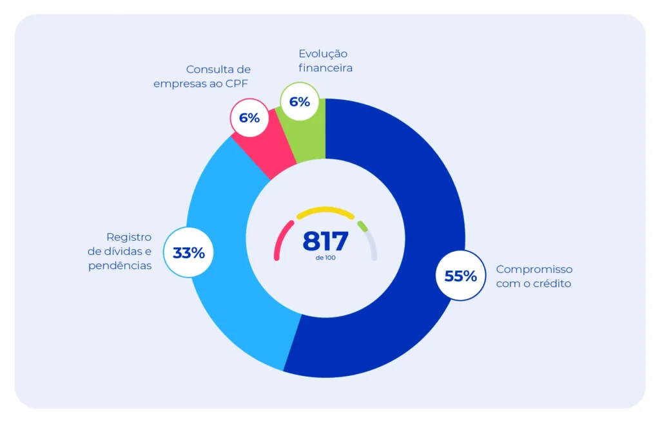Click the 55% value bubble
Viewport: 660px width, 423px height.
461,276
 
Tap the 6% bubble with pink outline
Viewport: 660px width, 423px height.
249,118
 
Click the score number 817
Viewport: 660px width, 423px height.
325,241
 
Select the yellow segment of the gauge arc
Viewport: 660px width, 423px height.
325,211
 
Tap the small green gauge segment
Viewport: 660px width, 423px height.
362,226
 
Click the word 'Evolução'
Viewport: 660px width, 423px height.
323,53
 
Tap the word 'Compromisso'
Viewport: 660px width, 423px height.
534,269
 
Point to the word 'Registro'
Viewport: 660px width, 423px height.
129,237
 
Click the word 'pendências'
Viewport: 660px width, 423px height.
120,265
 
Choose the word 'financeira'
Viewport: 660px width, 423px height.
325,68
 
